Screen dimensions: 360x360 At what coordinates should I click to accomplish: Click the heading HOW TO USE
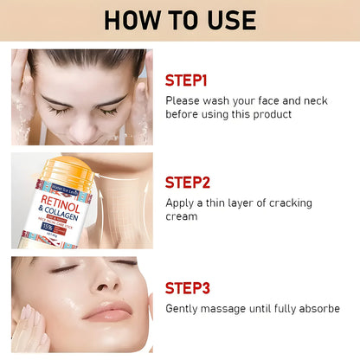(180, 19)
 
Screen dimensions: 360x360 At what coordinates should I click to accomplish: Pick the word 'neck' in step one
(310, 100)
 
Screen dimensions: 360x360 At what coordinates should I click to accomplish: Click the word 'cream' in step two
(183, 215)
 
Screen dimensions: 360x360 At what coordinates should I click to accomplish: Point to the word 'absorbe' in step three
(317, 308)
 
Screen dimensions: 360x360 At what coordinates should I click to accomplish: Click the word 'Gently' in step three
(183, 308)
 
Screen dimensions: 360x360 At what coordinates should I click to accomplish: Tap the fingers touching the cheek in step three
(29, 329)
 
